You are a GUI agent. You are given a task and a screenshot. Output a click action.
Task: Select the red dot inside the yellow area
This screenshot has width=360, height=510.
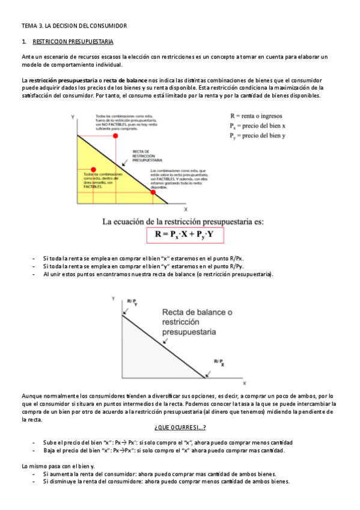93,170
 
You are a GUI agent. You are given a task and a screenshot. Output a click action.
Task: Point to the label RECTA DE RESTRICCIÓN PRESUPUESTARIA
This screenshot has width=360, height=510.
147,157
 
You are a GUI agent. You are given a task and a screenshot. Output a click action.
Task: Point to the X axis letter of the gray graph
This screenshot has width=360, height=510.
245,382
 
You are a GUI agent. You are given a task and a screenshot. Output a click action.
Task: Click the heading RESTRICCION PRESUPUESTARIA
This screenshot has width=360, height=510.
73,42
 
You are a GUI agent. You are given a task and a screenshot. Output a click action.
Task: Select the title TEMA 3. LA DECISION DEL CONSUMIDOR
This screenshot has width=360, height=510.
74,26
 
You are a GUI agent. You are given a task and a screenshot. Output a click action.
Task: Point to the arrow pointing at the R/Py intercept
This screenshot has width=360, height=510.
126,310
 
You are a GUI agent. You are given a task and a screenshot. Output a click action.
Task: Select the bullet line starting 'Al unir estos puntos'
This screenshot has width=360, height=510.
157,275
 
